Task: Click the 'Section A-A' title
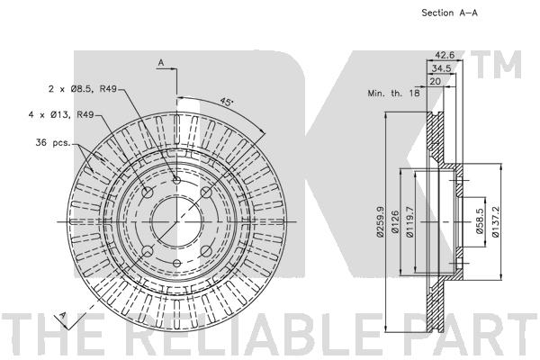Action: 449,13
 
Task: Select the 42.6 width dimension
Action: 445,55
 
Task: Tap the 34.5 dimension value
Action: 442,68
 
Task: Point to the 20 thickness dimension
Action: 436,82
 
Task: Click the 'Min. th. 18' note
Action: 393,93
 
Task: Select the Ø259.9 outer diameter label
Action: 380,222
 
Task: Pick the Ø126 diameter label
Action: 395,221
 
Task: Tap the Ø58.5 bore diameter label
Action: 480,221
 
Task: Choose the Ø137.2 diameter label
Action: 495,221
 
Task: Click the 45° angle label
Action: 227,102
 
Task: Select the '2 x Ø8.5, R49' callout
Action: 83,89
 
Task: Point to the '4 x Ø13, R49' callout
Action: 61,114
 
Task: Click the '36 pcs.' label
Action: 53,142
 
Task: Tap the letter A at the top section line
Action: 161,63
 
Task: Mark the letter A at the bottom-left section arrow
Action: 63,316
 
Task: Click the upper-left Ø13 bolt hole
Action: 148,193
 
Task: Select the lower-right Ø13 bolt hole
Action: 206,251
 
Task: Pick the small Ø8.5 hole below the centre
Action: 177,264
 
